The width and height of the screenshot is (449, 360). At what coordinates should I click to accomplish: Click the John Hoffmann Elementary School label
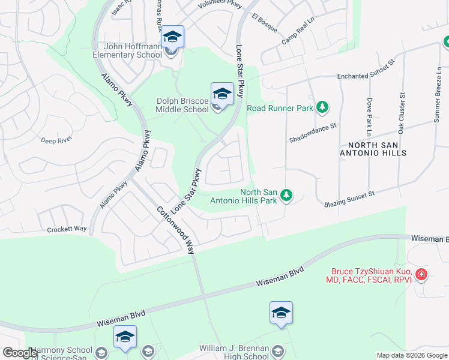click(133, 50)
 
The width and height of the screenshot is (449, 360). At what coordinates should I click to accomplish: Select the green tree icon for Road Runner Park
click(323, 107)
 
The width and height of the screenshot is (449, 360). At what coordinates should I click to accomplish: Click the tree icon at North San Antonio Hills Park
click(287, 195)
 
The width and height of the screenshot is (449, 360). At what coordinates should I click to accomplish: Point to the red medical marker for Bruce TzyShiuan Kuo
click(421, 275)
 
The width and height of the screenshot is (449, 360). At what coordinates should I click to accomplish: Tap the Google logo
click(20, 353)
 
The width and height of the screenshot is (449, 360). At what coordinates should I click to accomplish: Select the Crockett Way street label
click(67, 229)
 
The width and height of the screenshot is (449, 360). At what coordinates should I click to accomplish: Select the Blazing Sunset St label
click(349, 199)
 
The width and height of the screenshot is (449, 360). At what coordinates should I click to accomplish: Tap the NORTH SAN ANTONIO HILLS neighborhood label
click(377, 149)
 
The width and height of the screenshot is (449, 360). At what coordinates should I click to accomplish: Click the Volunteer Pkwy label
click(220, 5)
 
